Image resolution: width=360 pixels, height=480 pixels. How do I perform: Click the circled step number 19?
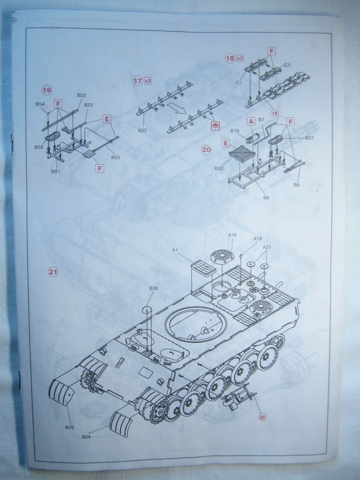coord(46,90)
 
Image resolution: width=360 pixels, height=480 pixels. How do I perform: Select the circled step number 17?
coord(137,81)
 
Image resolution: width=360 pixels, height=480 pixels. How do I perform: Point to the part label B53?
coord(81,95)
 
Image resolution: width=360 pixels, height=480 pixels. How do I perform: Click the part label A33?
coord(142,130)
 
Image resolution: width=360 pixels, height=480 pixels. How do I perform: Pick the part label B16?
coord(235,131)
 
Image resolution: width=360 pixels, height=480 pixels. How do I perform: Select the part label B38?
coord(153,288)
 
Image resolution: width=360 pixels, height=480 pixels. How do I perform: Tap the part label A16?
coord(232,235)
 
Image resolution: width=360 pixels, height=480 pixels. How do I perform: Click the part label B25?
coord(69,427)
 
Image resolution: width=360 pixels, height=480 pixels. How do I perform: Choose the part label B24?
coord(86,437)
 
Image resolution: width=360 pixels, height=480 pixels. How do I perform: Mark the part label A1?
coord(175,250)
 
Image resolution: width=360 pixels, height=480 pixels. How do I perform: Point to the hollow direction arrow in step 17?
coord(177,109)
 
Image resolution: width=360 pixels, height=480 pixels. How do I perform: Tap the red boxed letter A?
coord(251,121)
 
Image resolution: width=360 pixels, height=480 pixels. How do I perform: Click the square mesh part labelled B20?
coord(242,153)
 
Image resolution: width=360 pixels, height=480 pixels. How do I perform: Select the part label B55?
coord(115,157)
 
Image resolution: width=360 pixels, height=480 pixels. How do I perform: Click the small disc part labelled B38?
coord(147,309)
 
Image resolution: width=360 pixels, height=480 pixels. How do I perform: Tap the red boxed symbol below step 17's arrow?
coord(215,125)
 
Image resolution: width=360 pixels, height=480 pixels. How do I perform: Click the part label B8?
coord(266,198)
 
